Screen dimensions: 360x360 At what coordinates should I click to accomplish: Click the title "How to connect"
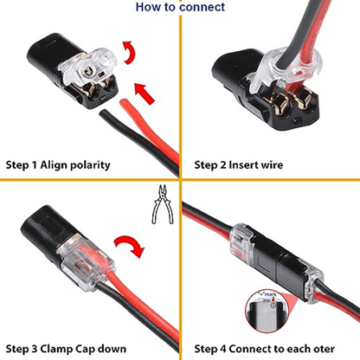180,7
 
